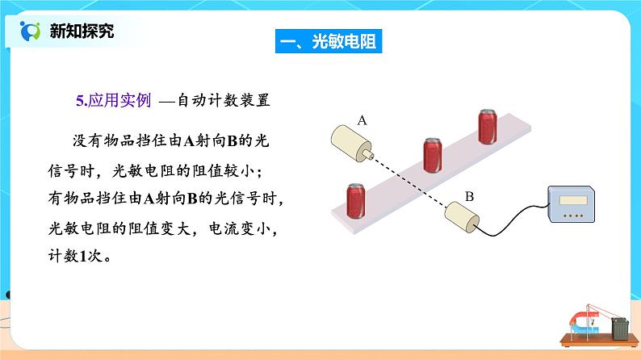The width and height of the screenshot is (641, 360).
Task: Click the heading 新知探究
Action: click(82, 31)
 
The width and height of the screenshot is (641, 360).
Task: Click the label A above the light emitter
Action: click(362, 120)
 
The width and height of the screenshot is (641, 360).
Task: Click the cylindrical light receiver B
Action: click(460, 219)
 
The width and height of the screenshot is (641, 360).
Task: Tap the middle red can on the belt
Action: click(434, 153)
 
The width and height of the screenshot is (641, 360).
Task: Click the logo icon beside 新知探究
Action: click(29, 31)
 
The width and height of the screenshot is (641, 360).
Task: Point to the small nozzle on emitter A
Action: click(369, 152)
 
